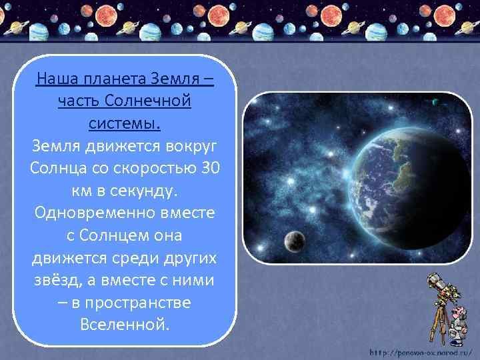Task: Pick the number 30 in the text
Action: [209, 168]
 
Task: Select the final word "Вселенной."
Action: [125, 325]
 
